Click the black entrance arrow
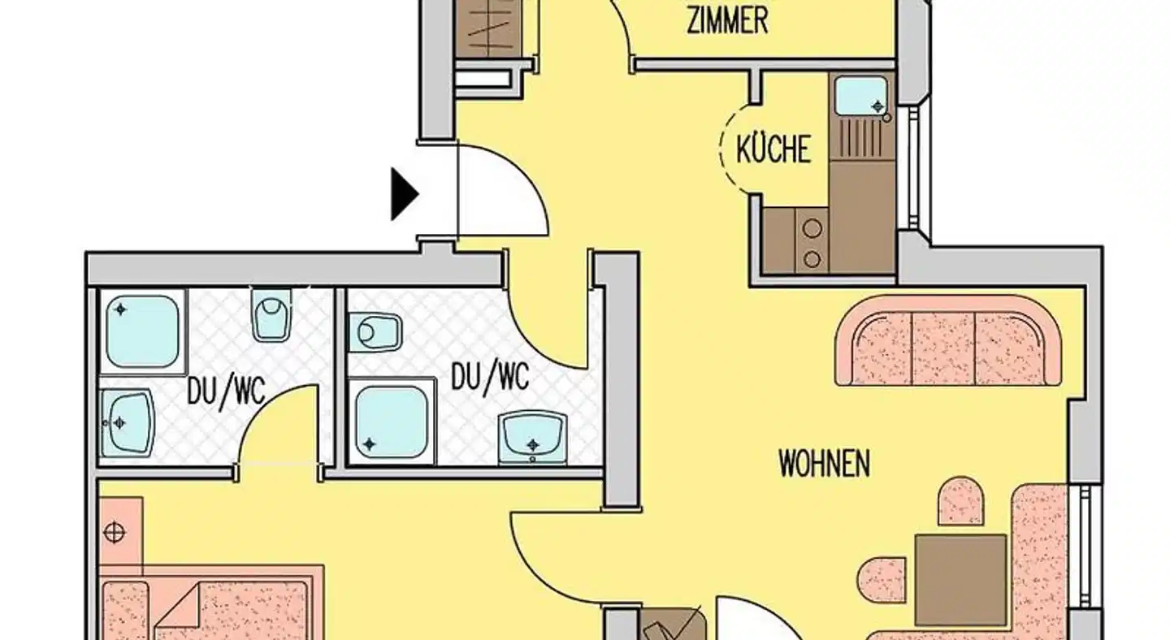click(404, 194)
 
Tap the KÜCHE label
click(773, 149)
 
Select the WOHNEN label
click(825, 463)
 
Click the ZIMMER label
click(728, 21)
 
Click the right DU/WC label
click(490, 377)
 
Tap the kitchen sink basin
click(860, 97)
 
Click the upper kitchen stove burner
click(812, 228)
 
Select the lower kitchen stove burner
click(812, 259)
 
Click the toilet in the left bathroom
click(271, 315)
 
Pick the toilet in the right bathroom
click(375, 332)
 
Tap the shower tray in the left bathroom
click(143, 332)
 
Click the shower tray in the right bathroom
click(392, 422)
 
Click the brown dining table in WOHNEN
click(960, 580)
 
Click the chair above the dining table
click(961, 501)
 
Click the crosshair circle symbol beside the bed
click(115, 533)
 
